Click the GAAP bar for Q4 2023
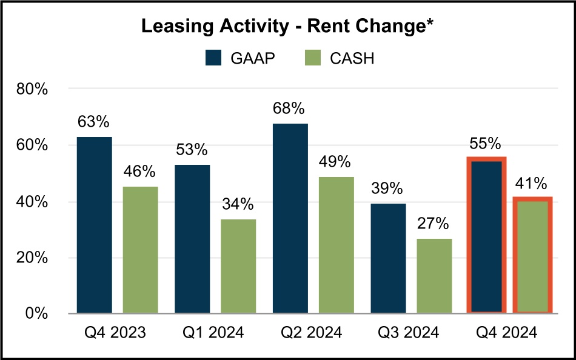(94, 225)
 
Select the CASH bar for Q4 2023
(140, 250)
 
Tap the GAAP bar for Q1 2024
(192, 239)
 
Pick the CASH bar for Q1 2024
(238, 266)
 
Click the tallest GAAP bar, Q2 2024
(290, 218)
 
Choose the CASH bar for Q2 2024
(337, 245)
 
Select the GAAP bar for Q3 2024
(389, 259)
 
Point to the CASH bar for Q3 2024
(435, 276)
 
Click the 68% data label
(289, 109)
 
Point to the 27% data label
(433, 224)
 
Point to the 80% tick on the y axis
(31, 90)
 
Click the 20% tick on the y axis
(31, 258)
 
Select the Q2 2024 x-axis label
(313, 333)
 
